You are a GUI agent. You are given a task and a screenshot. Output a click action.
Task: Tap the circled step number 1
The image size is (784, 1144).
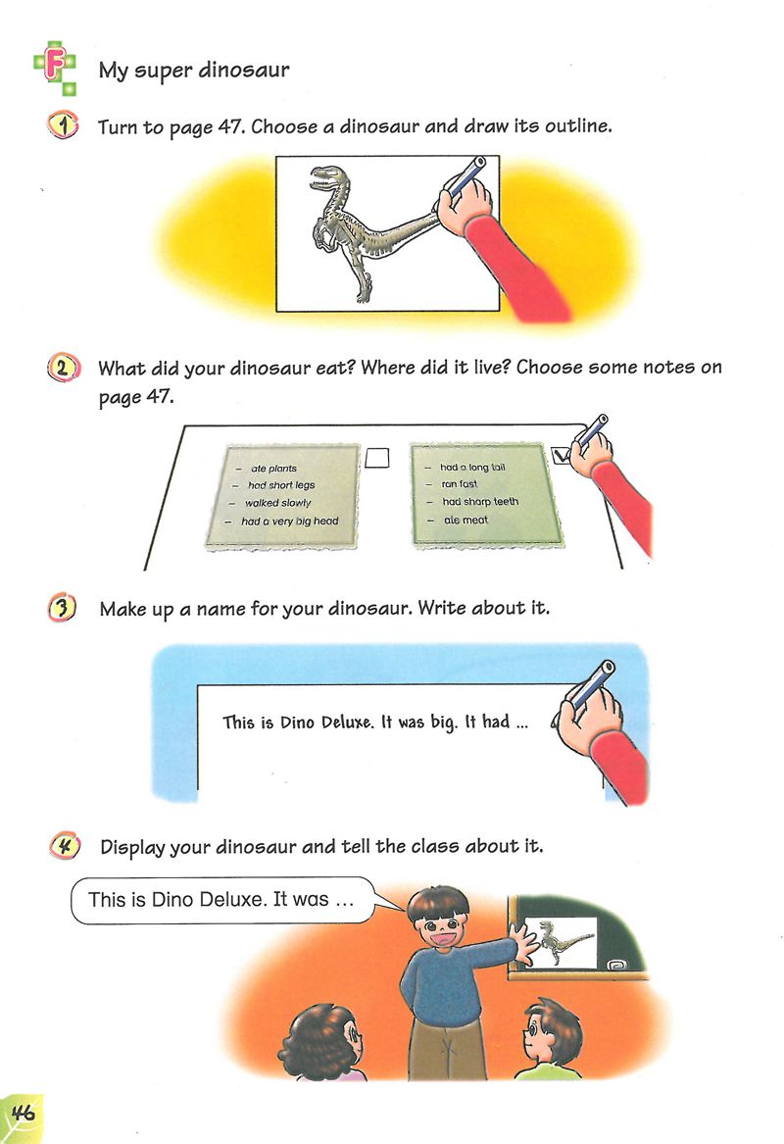coord(64,126)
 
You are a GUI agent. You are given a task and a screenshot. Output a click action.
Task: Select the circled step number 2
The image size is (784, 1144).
coord(63,367)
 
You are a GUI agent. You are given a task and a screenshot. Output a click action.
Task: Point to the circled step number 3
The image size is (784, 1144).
coord(63,608)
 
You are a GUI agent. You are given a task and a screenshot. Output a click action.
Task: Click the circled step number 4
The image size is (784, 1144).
coord(66,846)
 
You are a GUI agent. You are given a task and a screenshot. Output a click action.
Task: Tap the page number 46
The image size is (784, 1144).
coord(24,1114)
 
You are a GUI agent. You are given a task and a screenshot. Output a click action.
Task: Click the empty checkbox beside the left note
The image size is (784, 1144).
coord(377,458)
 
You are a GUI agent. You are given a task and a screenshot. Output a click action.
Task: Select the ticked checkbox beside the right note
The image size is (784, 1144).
coord(561,456)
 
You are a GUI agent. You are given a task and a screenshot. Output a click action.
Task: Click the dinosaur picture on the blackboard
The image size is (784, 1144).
coord(559,942)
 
